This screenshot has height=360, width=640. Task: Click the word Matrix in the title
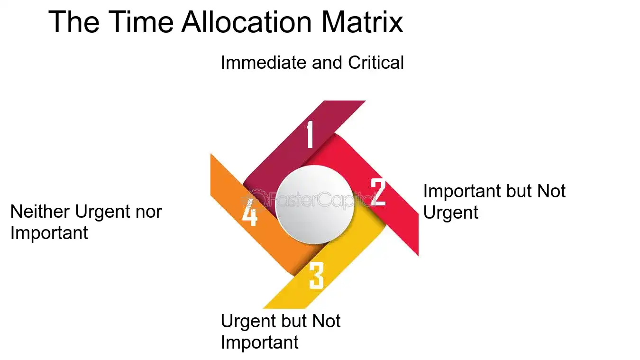coord(362,22)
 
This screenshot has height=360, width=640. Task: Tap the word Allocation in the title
coord(247,22)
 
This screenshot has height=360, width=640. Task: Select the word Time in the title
coord(141,22)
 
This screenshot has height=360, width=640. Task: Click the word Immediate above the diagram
coord(264,62)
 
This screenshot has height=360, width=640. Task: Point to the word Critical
coord(376,62)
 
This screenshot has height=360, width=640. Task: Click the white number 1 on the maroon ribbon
coord(310,134)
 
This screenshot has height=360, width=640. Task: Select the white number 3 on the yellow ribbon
coord(316,275)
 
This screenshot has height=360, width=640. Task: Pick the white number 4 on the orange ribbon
coord(250,212)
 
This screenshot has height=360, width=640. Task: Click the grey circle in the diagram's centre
coord(315,205)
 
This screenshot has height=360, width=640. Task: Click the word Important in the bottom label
coord(259,342)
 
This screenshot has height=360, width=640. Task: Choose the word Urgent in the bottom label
coord(248,321)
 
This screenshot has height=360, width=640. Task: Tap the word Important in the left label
coord(49,233)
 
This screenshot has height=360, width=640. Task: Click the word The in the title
coord(74,22)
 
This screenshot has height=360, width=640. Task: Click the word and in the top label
coord(327,62)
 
